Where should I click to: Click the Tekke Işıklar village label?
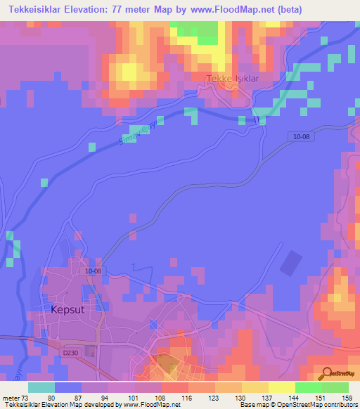(232, 79)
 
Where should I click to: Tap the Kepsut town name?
(72, 308)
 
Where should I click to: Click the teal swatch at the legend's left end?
(41, 387)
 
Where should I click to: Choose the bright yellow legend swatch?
(282, 387)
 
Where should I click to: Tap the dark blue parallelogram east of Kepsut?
(288, 263)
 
